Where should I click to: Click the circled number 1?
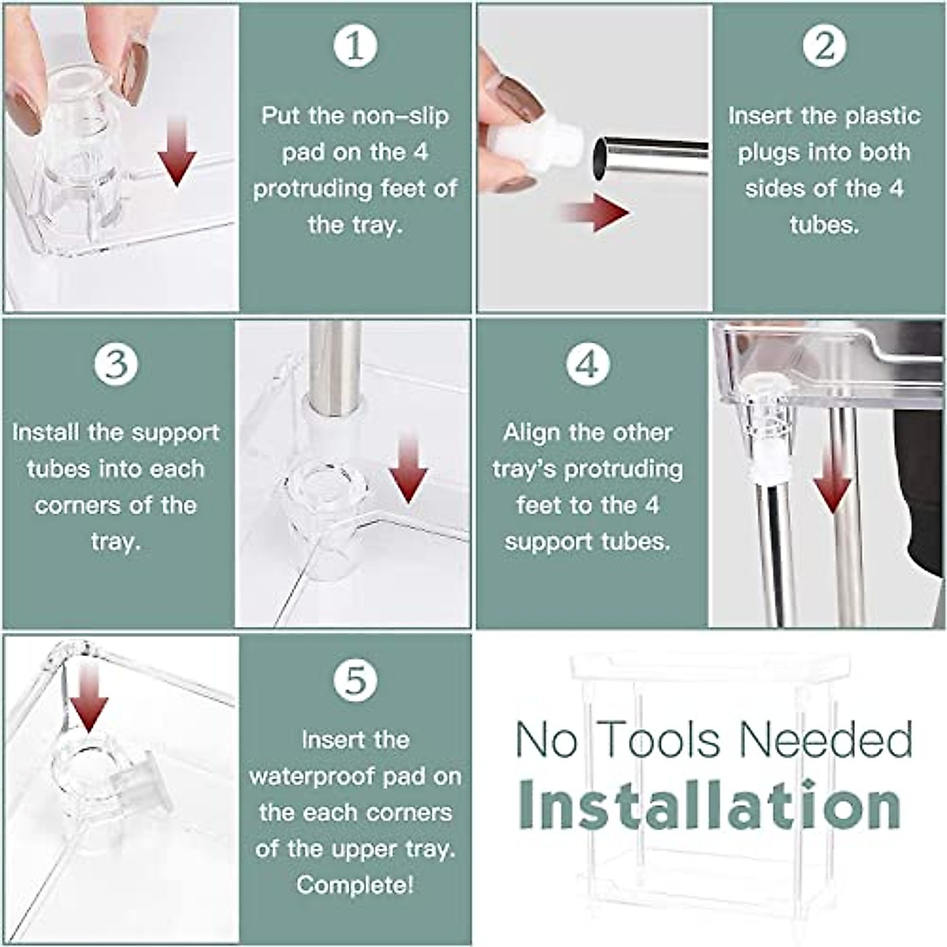(x=355, y=46)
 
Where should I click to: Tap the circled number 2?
(x=825, y=46)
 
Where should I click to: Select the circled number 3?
(x=117, y=363)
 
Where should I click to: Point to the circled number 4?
(x=588, y=363)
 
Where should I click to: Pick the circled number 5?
(x=355, y=680)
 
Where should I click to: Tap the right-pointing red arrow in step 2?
(x=596, y=212)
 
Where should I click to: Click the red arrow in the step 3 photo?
(x=408, y=468)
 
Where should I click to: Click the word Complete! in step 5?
(x=355, y=885)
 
